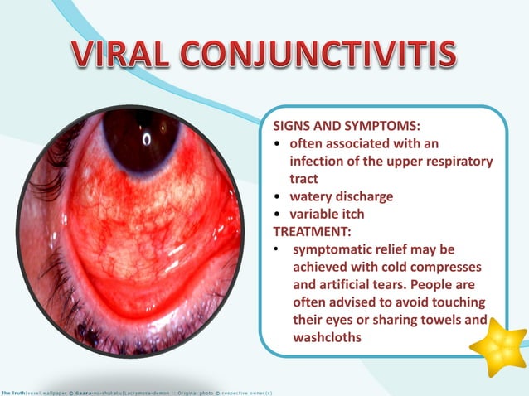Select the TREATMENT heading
point(308,231)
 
